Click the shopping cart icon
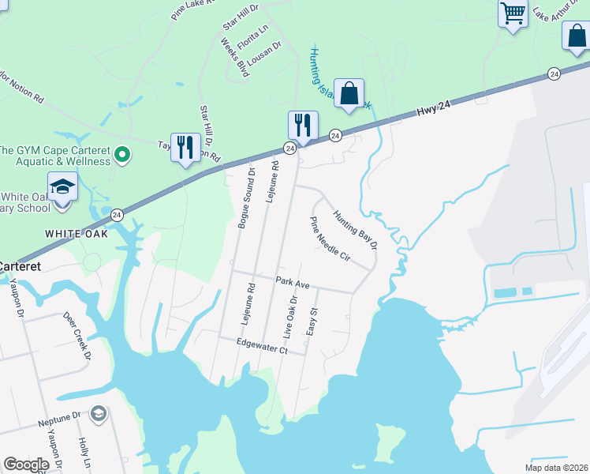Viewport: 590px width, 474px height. pyautogui.click(x=513, y=14)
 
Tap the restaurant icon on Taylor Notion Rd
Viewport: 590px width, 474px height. pyautogui.click(x=185, y=148)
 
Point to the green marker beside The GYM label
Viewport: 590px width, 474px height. pyautogui.click(x=121, y=155)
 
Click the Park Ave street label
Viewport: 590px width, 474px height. pyautogui.click(x=292, y=282)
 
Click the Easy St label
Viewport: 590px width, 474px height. pyautogui.click(x=312, y=321)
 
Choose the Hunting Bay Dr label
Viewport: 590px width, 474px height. pyautogui.click(x=355, y=229)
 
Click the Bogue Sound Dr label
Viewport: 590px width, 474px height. pyautogui.click(x=245, y=198)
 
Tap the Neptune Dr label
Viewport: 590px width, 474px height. pyautogui.click(x=60, y=421)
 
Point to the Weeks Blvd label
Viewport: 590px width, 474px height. pyautogui.click(x=235, y=59)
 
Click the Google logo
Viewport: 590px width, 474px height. pyautogui.click(x=26, y=465)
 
